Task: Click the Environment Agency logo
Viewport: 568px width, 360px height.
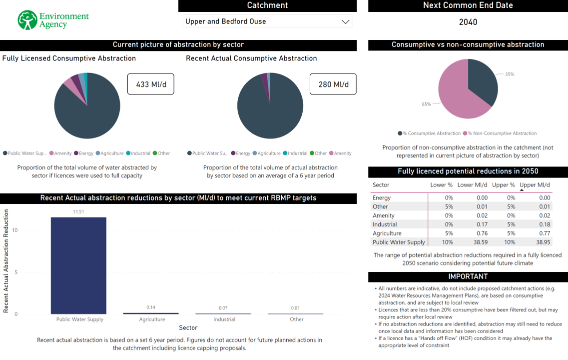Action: point(52,20)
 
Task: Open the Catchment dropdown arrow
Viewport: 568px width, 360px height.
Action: point(345,21)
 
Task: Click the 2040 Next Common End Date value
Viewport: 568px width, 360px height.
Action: point(468,22)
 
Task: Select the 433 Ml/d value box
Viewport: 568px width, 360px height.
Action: point(150,84)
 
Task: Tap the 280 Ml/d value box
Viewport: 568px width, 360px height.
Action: point(333,84)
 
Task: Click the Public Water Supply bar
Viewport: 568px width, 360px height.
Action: point(78,265)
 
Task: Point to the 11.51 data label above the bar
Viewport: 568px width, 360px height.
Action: point(78,212)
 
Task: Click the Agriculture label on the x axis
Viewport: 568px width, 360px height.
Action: point(152,319)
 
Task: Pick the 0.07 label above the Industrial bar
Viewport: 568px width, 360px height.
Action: point(223,308)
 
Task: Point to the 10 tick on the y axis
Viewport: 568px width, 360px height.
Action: point(15,230)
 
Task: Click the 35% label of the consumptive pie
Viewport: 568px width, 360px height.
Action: point(509,74)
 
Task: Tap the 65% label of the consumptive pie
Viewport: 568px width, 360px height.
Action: point(426,104)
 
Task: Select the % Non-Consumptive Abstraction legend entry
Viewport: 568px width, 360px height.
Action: point(502,133)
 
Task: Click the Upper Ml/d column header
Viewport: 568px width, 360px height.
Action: point(535,185)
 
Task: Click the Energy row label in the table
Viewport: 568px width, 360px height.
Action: point(382,198)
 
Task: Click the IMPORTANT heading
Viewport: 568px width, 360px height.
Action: point(468,276)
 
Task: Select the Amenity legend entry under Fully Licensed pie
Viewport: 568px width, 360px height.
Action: point(61,153)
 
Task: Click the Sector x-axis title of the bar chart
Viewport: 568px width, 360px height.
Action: point(188,327)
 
